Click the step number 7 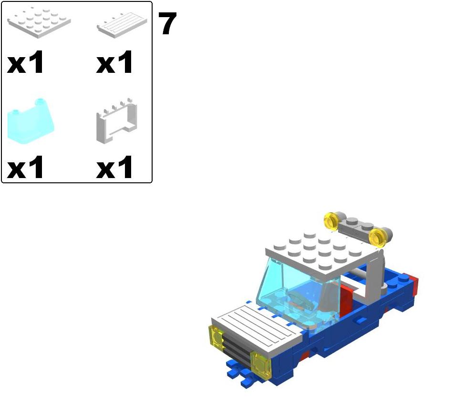click(x=167, y=24)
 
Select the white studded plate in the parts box click(x=39, y=21)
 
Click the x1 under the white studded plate click(x=26, y=63)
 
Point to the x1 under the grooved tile click(x=114, y=63)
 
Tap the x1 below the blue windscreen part click(x=26, y=168)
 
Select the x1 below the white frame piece click(x=114, y=168)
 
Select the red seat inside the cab click(x=346, y=298)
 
